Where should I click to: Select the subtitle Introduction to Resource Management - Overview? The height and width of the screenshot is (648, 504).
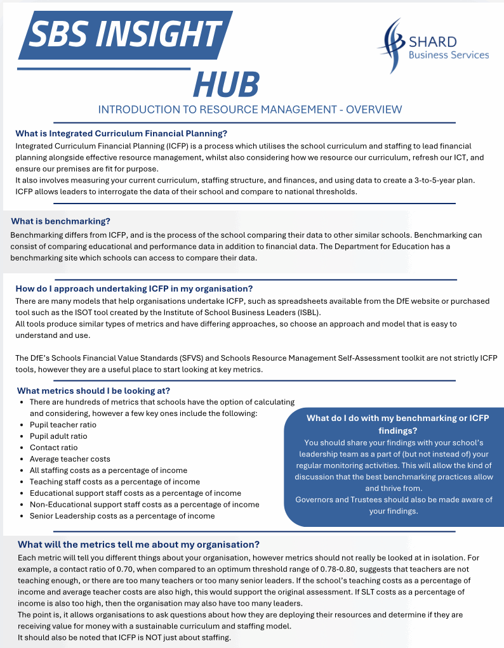coord(250,109)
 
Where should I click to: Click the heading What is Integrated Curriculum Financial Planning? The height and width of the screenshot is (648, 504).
coord(121,133)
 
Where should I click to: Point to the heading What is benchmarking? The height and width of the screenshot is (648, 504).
coord(61,221)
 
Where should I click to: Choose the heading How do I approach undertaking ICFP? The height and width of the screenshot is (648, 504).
coord(134,288)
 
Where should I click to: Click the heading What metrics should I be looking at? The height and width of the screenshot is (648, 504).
coord(93,390)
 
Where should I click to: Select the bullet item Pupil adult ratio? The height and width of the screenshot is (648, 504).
coord(58,436)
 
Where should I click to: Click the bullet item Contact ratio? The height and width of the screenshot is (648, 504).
coord(53,448)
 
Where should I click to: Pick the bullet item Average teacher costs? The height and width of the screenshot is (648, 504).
coord(70,459)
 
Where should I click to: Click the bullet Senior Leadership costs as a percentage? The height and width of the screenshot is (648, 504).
coord(122,516)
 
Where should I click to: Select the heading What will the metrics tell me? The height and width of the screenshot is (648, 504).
coord(138,545)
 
